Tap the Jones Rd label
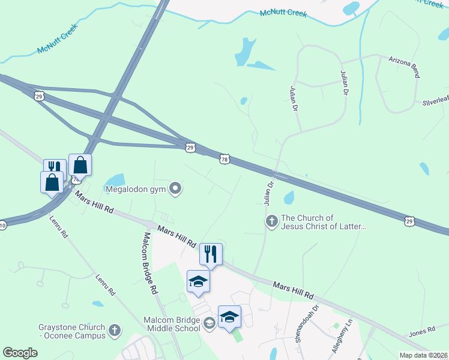pyautogui.click(x=422, y=331)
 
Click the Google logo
pyautogui.click(x=20, y=352)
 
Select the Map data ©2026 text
pyautogui.click(x=424, y=355)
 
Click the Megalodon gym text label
pyautogui.click(x=135, y=190)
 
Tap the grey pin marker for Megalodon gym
pyautogui.click(x=175, y=190)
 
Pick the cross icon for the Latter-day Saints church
pyautogui.click(x=271, y=222)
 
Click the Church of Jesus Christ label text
pyautogui.click(x=323, y=222)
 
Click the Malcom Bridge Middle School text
pyautogui.click(x=172, y=324)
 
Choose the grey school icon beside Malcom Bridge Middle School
pyautogui.click(x=209, y=324)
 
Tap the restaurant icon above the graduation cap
pyautogui.click(x=211, y=253)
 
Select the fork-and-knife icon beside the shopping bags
pyautogui.click(x=54, y=168)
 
